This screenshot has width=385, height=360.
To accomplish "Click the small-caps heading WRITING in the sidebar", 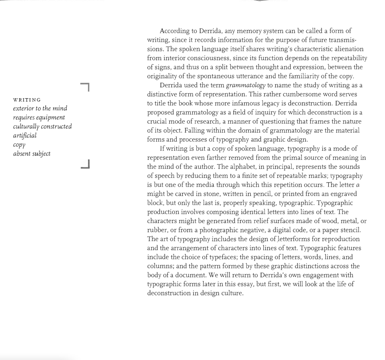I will point(27,100).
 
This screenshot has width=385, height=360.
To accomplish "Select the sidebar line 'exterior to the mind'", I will point(40,108).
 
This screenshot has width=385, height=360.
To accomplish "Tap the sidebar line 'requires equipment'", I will point(39,118).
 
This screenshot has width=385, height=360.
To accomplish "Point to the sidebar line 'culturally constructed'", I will point(43,126).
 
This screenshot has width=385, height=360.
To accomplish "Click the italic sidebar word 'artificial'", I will point(25,135).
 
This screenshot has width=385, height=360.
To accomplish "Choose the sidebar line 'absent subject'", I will point(32,153).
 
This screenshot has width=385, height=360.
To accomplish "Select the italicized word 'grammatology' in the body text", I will point(246,85).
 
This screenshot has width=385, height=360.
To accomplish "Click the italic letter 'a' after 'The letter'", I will point(358,185).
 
